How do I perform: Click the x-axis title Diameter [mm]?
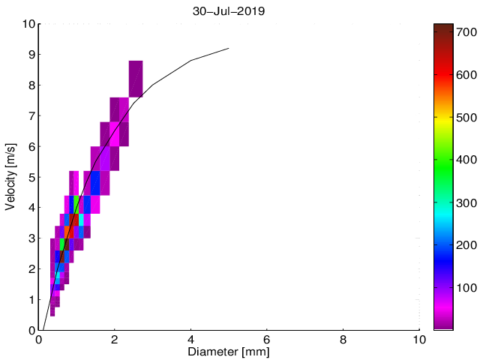229,352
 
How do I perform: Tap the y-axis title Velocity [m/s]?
11,176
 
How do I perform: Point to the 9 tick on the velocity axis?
31,55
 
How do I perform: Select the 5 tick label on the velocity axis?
31,177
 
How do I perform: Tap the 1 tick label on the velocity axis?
31,299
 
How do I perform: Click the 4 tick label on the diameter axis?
191,339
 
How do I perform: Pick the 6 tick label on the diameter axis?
268,339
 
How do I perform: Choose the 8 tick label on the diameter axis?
343,339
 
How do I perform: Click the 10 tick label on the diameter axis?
419,339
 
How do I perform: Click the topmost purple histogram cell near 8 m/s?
136,79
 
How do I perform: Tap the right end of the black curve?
229,49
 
